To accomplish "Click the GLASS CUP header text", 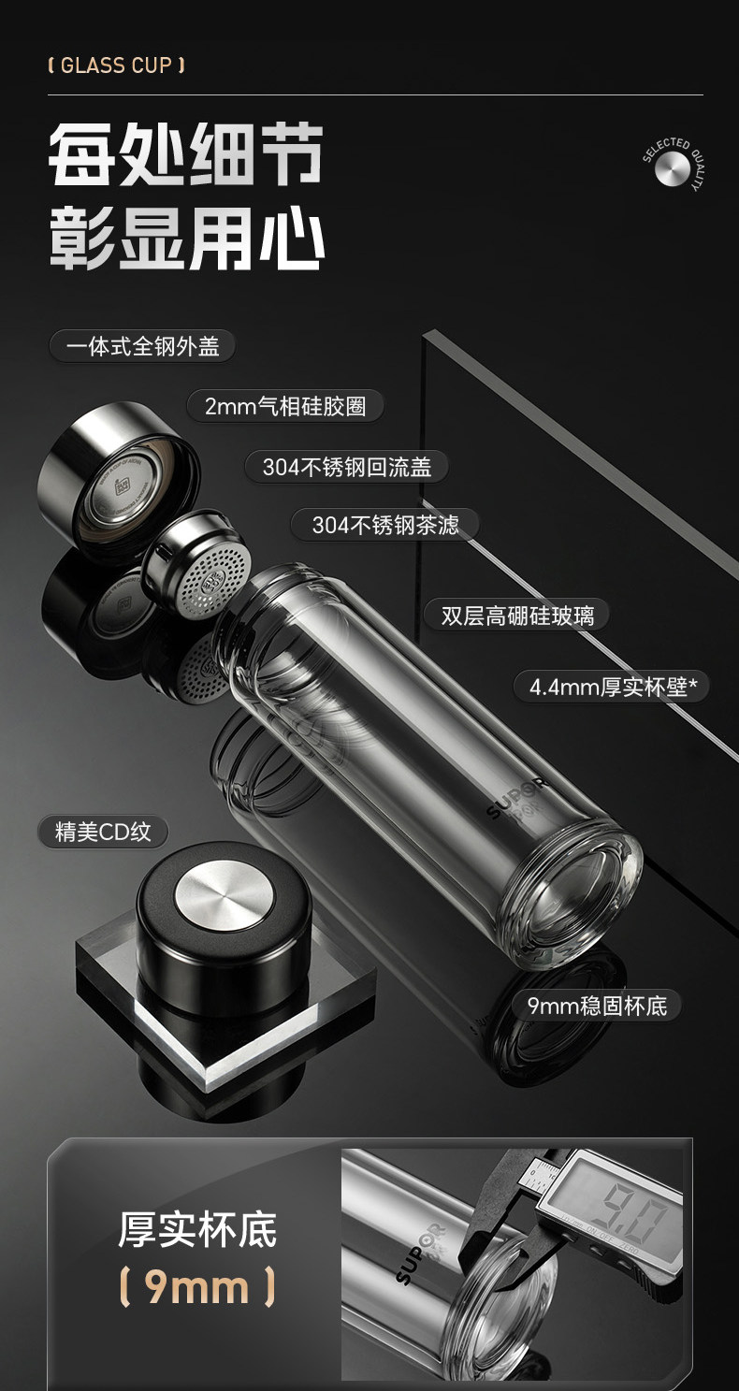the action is [116, 65].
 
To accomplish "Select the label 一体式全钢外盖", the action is [142, 347].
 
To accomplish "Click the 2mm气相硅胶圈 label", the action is [284, 407].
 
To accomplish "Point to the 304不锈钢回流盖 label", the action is [347, 467].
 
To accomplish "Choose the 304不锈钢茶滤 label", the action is [385, 526].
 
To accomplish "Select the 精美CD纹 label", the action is [103, 831].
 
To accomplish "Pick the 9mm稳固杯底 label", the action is [597, 1007].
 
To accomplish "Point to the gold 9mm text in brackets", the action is [196, 1287].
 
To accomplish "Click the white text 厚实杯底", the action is [197, 1229].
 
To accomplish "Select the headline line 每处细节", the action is [185, 154].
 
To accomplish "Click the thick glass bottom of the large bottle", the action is [573, 894].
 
